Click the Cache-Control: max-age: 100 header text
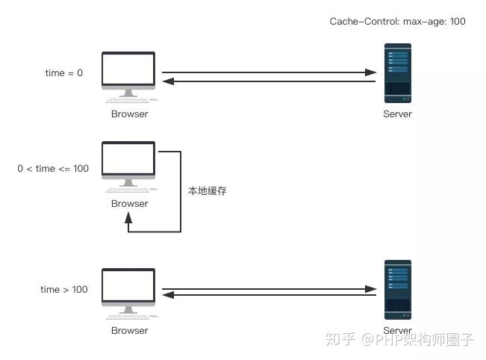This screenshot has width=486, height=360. (397, 22)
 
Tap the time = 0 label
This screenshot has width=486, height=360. (64, 72)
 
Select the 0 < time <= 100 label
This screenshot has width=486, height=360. (53, 169)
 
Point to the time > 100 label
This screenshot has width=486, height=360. (64, 289)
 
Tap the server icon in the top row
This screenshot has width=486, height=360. (397, 72)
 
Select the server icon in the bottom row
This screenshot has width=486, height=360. (397, 289)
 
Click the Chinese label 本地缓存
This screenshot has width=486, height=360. (207, 191)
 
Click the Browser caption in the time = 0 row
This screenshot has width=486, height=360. (129, 114)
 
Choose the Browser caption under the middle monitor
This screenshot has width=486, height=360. (129, 204)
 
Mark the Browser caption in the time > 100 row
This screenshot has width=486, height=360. (129, 331)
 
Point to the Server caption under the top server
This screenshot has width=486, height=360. (397, 114)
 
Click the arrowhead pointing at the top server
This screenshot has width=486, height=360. (371, 72)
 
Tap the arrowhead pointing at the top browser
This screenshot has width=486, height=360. (167, 81)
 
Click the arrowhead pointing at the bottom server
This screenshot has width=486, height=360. (371, 288)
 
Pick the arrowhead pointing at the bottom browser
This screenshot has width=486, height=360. (167, 297)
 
